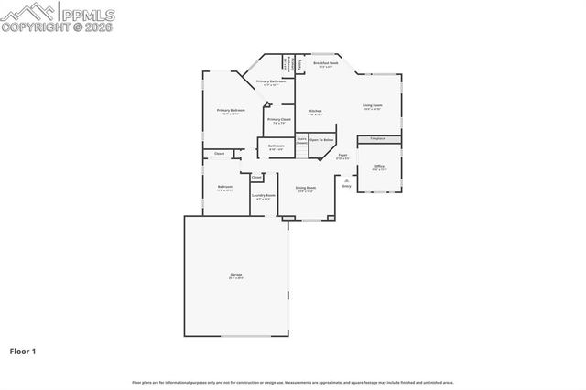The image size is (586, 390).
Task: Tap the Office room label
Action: point(379,167)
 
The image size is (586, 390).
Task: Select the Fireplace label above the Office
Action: point(377,138)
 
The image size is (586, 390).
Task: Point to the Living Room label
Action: point(372,106)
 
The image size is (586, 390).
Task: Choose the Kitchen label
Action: point(315,112)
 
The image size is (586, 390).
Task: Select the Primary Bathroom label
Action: point(270,82)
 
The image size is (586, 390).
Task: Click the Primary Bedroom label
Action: point(231,111)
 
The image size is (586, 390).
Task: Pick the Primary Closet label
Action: point(279,119)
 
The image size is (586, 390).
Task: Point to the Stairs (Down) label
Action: point(301,141)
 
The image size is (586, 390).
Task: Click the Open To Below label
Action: point(321,140)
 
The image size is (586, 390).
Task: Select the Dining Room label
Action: point(305,189)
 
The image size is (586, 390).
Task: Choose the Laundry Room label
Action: point(265,196)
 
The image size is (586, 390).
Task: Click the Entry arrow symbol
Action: point(346,179)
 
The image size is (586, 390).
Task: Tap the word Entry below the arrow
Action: point(346,186)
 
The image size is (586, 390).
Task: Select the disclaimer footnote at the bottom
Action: point(293,383)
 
